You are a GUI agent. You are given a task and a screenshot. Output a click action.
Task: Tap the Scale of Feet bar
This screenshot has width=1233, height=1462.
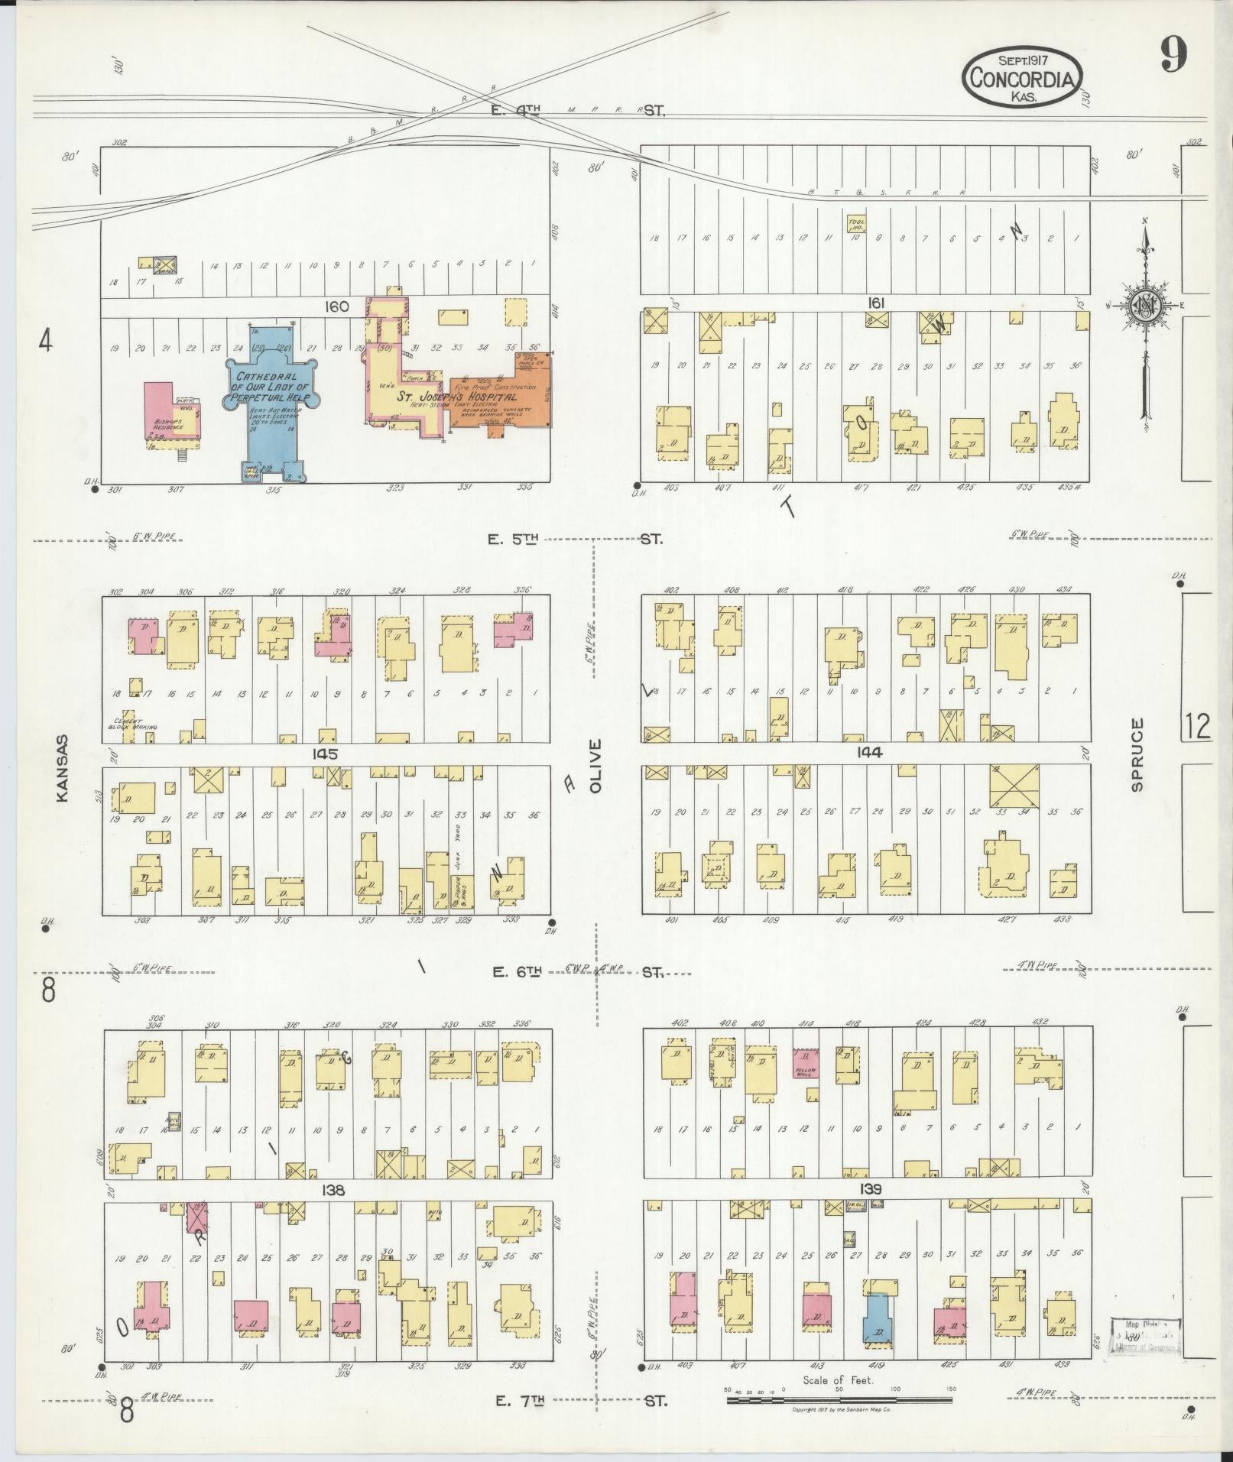(x=839, y=1400)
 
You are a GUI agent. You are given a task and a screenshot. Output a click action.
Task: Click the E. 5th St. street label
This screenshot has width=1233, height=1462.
(x=577, y=539)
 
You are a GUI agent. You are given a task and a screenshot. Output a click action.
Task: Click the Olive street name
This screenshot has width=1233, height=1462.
(x=596, y=765)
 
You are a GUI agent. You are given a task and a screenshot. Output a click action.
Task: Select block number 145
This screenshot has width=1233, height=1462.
(x=324, y=754)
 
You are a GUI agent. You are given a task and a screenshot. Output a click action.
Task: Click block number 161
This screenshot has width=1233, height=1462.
(x=875, y=303)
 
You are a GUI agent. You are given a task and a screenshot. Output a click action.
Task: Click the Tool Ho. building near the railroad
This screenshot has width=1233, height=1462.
(x=855, y=224)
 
